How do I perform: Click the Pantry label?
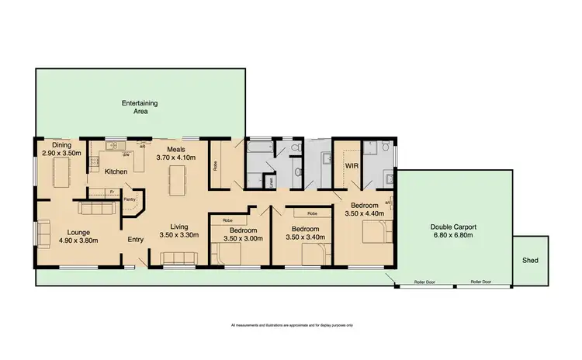click(130, 199)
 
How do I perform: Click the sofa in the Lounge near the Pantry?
click(97, 209)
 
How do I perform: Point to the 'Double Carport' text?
click(454, 227)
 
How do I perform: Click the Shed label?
click(531, 261)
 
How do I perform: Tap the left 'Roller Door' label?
click(424, 282)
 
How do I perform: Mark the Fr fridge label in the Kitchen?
click(112, 190)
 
